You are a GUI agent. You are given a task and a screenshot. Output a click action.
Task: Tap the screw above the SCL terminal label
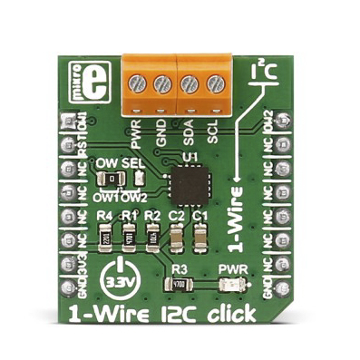(215, 85)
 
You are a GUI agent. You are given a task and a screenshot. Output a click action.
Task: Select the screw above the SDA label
(190, 85)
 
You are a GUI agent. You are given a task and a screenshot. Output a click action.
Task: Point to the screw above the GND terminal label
(162, 84)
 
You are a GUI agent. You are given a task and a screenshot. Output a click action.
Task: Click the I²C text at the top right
(258, 69)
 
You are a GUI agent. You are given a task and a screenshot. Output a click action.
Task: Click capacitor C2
(177, 238)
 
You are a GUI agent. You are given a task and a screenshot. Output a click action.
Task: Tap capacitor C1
(200, 238)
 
